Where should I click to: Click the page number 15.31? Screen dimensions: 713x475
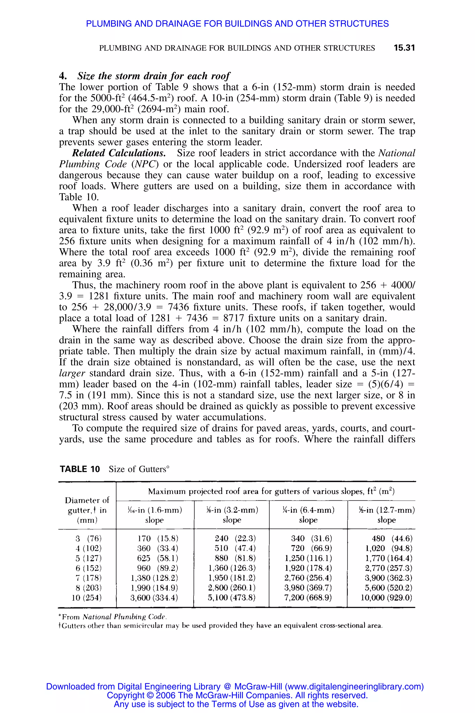(x=404, y=48)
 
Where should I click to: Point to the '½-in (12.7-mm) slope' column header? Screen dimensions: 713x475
(x=386, y=515)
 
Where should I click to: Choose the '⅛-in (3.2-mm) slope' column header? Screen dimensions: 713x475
(x=232, y=515)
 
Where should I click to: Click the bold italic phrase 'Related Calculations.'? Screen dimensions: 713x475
(x=119, y=153)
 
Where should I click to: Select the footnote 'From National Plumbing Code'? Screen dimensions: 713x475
(x=113, y=617)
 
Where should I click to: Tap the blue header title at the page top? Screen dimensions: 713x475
(x=237, y=24)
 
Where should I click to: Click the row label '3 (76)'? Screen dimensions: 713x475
(x=88, y=539)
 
